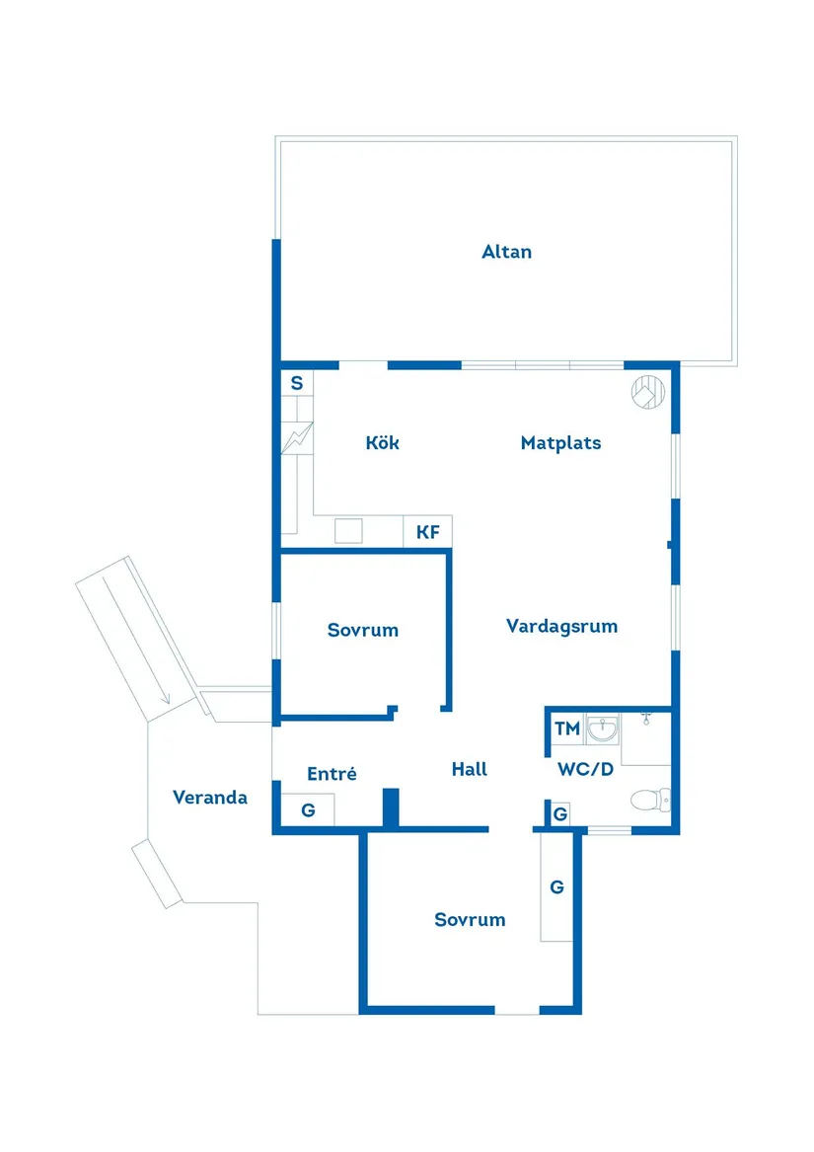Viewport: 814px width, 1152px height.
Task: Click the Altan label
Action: (506, 252)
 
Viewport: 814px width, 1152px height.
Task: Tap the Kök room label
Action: (382, 443)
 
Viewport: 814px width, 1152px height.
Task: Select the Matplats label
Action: (560, 443)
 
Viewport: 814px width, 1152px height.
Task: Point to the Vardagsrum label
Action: (561, 626)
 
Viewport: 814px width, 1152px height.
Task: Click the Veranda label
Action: (209, 797)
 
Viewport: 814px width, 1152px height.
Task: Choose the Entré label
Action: (331, 774)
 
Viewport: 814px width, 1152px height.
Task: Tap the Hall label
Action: (470, 769)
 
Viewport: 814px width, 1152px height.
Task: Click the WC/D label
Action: (585, 769)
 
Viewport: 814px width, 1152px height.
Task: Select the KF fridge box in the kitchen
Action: (427, 532)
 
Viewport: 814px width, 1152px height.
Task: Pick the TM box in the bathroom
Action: (566, 730)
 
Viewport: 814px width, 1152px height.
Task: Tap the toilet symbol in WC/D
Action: (650, 797)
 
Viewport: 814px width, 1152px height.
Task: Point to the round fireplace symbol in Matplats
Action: (649, 392)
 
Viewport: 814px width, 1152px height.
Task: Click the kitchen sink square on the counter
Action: (348, 531)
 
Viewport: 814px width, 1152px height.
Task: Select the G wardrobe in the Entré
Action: (308, 810)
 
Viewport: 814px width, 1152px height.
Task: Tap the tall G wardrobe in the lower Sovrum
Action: (556, 887)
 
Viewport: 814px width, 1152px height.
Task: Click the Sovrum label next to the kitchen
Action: (362, 630)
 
